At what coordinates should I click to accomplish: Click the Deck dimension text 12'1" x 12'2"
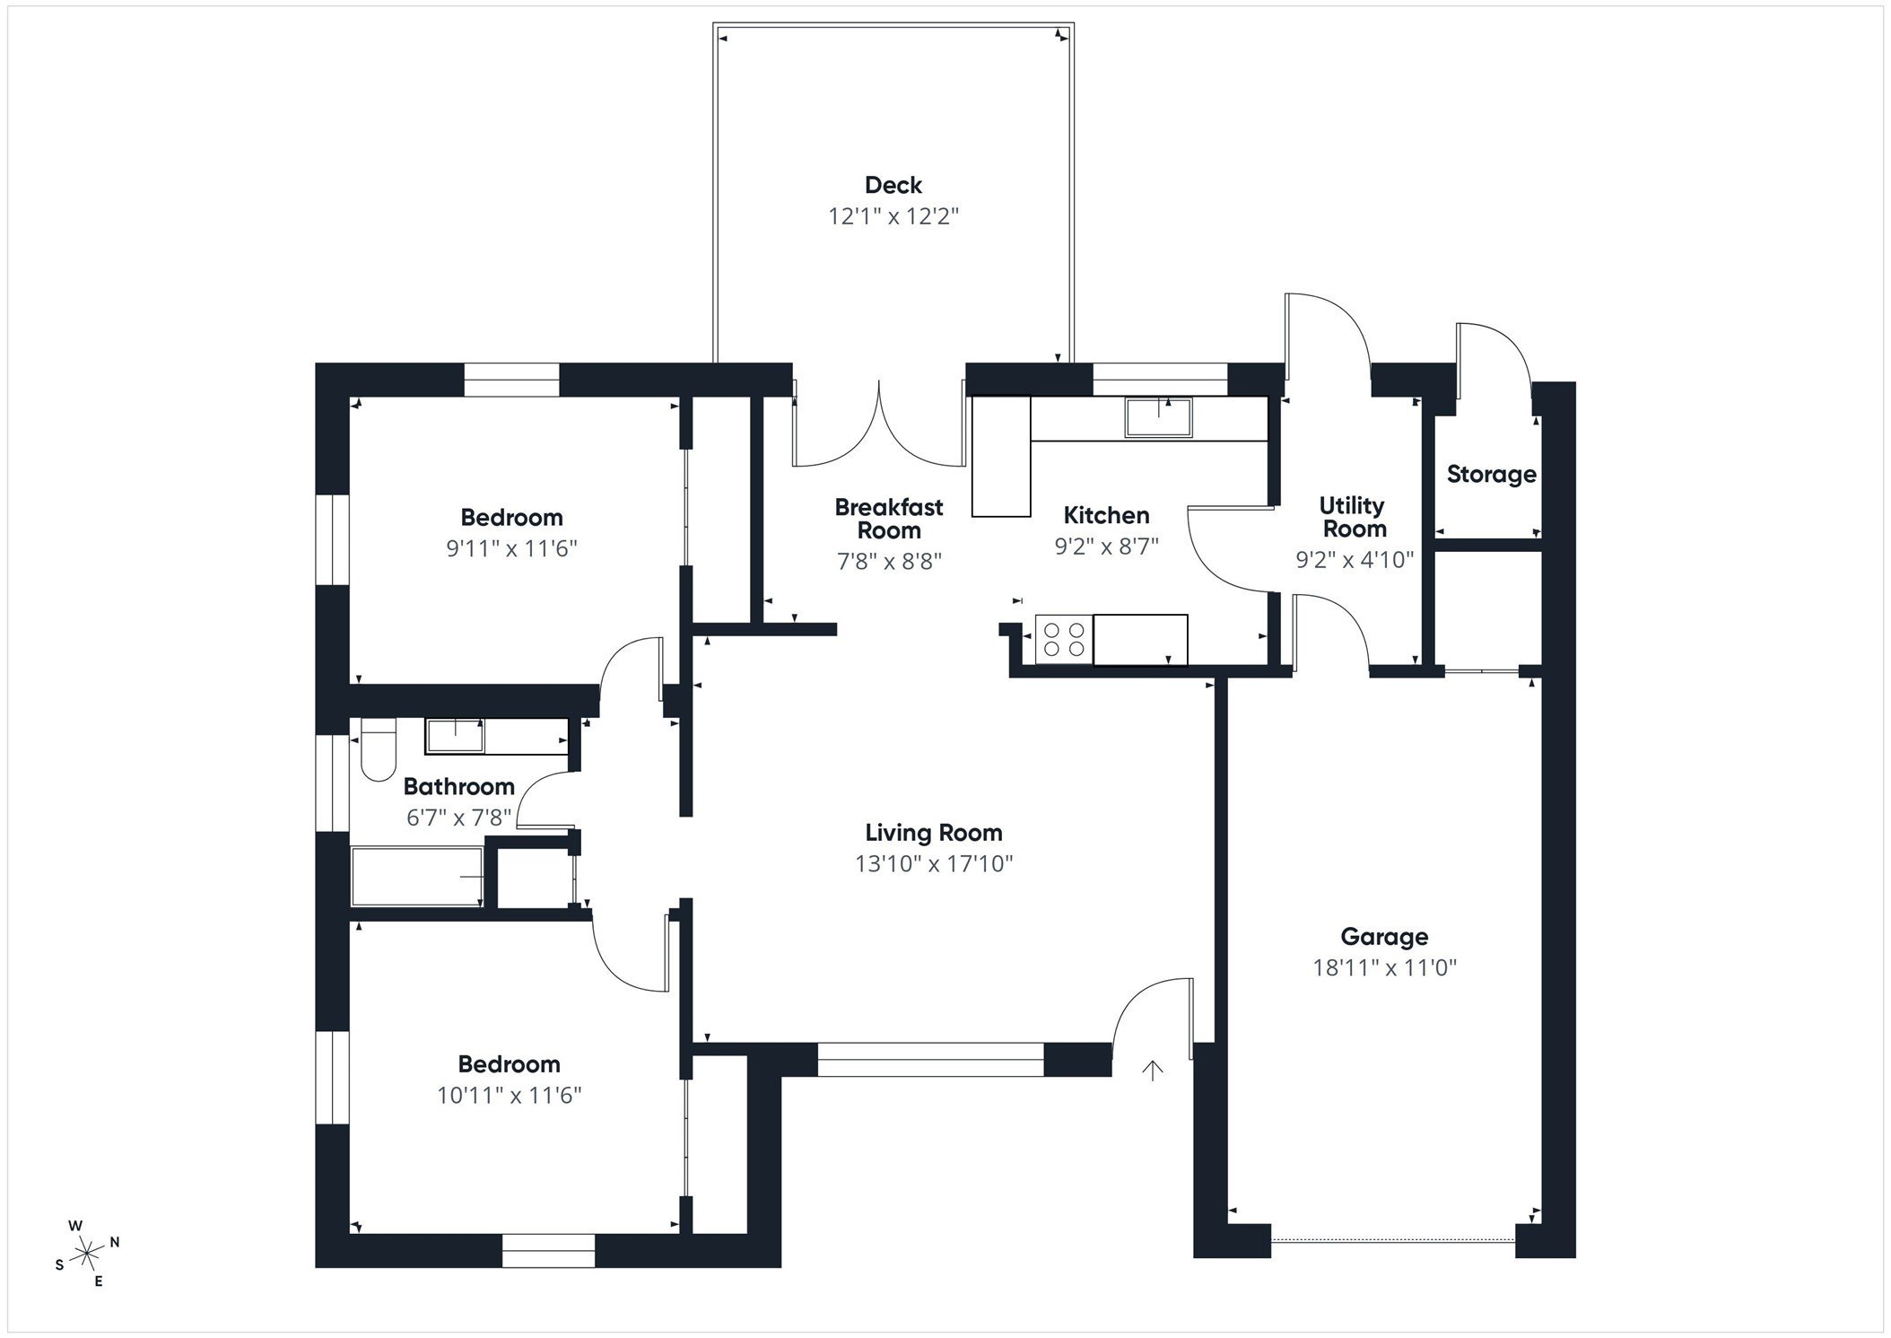[893, 216]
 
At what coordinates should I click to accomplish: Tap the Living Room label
[933, 833]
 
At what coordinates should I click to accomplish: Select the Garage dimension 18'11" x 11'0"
[1384, 967]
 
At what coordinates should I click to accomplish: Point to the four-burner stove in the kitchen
[1064, 639]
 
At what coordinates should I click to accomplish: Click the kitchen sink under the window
[1159, 418]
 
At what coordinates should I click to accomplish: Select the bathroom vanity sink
[455, 736]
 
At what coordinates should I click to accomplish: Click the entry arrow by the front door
[1152, 1070]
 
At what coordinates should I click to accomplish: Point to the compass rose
[86, 1252]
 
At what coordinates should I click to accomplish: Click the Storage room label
[1490, 474]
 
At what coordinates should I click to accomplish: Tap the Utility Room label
[1353, 517]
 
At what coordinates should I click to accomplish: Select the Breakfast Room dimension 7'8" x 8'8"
[889, 562]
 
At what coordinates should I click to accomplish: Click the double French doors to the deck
[878, 426]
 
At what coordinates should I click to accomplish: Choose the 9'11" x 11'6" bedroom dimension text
[511, 548]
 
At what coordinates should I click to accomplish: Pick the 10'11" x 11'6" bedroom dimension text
[510, 1095]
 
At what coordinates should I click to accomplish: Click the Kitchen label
[1106, 515]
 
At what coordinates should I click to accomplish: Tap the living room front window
[930, 1060]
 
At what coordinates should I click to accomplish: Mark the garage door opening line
[1392, 1240]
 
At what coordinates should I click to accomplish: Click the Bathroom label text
[458, 787]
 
